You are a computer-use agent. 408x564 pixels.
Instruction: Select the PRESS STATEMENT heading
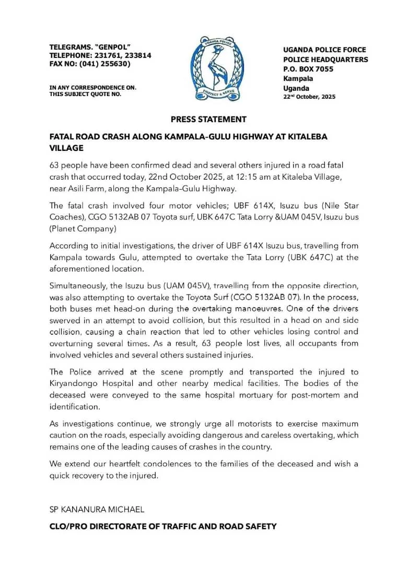208,119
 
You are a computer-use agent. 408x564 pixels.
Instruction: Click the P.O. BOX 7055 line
308,69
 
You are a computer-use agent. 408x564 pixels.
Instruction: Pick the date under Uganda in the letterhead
309,97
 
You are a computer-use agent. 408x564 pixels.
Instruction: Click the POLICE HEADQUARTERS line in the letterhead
325,60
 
